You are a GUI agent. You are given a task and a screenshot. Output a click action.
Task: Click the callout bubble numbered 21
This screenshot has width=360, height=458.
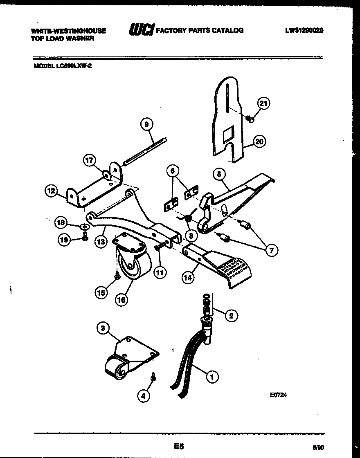pyautogui.click(x=263, y=103)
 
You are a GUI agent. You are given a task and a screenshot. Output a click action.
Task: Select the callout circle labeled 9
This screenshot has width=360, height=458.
pyautogui.click(x=147, y=124)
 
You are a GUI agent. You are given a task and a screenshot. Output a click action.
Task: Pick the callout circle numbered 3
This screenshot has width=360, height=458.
pyautogui.click(x=103, y=328)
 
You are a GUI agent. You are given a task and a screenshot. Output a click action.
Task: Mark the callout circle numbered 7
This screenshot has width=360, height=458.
pyautogui.click(x=271, y=250)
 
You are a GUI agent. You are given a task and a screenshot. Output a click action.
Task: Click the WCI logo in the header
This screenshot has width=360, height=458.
pyautogui.click(x=141, y=30)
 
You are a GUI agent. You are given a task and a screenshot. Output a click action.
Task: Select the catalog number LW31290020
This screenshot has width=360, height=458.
pyautogui.click(x=304, y=30)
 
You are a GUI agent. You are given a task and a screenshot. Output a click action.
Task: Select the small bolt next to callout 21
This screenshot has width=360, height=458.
pyautogui.click(x=250, y=119)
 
